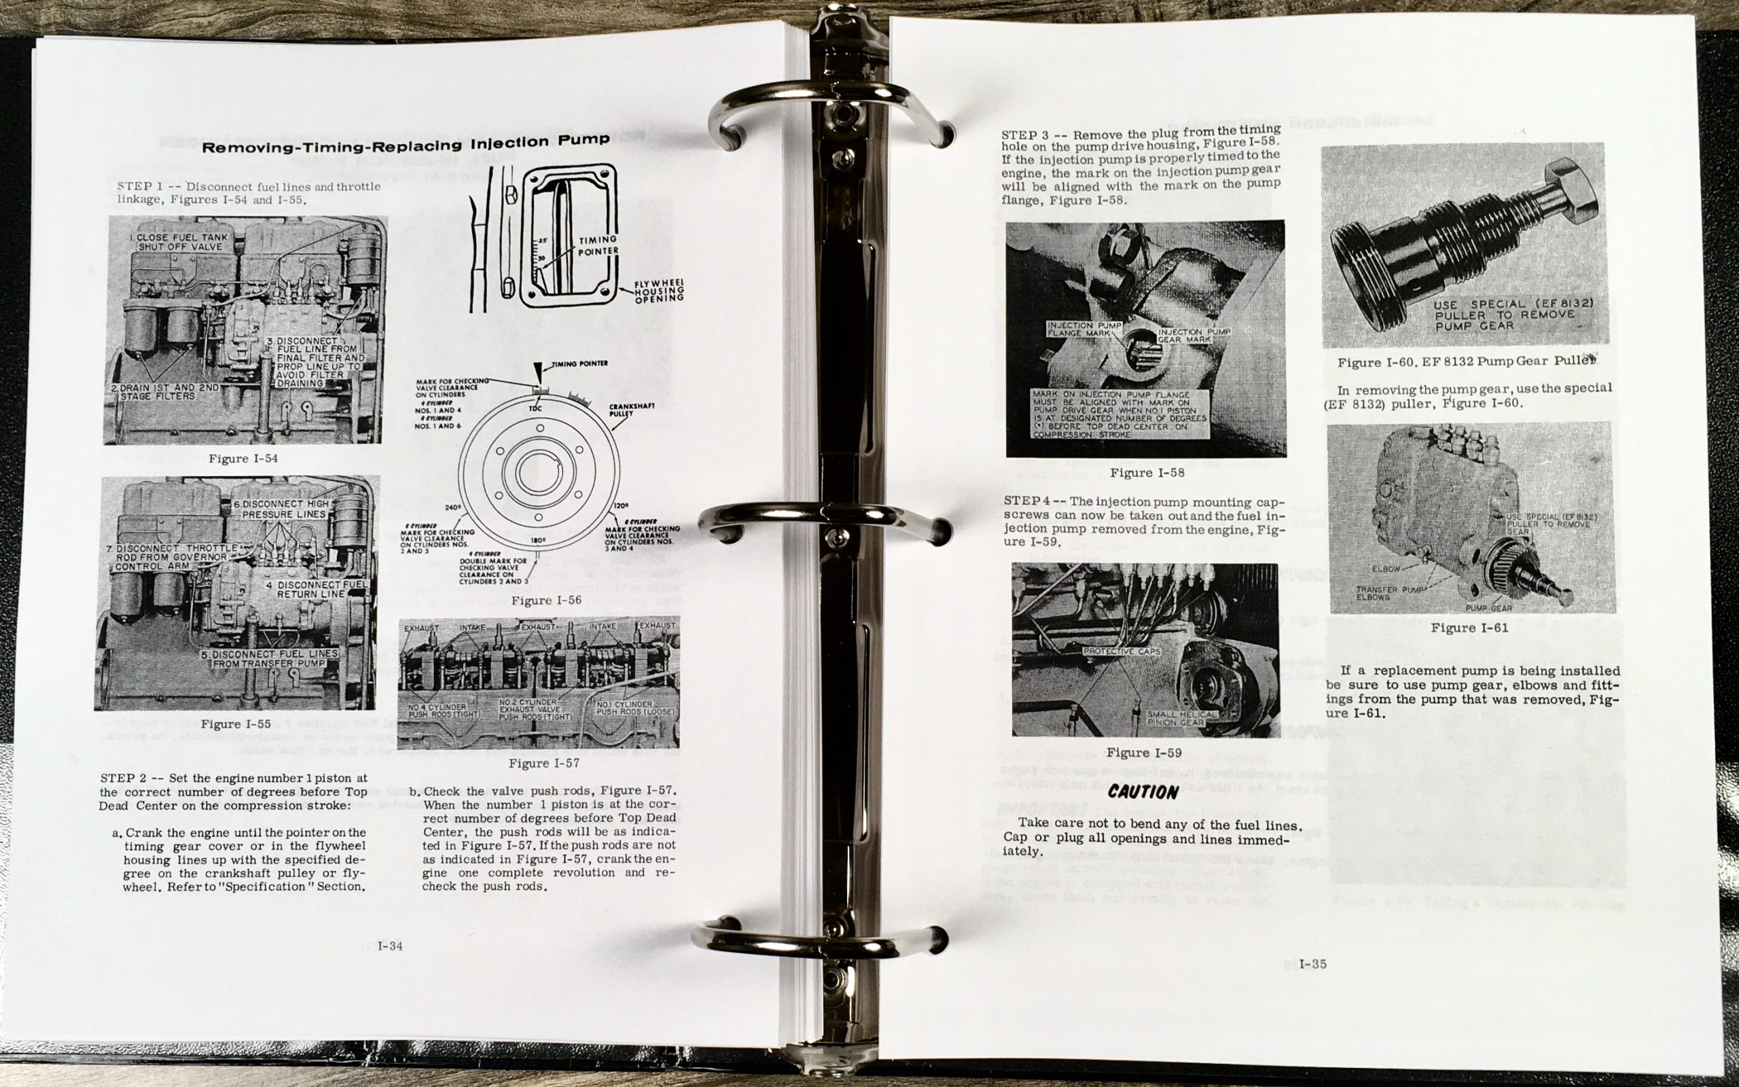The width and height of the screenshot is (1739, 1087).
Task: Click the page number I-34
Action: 390,946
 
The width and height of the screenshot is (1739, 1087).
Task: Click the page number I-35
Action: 1312,964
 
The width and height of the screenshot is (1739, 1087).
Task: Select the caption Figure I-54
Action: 243,459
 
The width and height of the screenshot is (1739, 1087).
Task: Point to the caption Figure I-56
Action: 546,601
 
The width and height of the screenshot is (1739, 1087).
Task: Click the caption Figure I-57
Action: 543,763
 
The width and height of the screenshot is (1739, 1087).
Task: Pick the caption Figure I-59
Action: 1144,753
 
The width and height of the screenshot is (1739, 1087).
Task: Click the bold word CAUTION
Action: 1143,792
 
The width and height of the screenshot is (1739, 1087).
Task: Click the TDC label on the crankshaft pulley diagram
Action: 535,408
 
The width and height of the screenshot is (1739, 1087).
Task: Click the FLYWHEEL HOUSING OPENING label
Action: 658,291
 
